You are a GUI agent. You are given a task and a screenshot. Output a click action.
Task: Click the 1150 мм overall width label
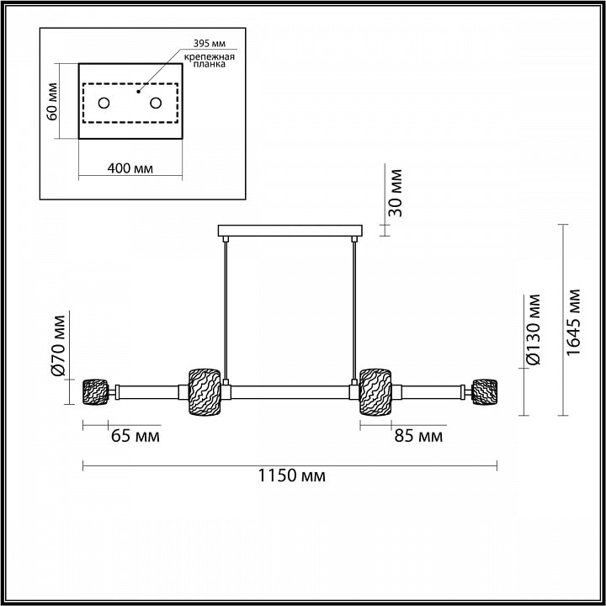coord(291,476)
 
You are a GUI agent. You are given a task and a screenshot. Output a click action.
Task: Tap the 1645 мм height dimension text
coord(572,322)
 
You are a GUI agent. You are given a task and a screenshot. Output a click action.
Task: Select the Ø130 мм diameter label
coord(534,330)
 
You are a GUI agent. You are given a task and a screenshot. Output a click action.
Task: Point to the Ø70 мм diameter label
coord(58,346)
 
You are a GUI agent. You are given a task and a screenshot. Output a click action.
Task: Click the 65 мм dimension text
coord(136,436)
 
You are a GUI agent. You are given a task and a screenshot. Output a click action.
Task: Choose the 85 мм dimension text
coord(418,436)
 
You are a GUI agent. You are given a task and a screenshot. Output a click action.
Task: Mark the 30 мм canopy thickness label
coord(395,193)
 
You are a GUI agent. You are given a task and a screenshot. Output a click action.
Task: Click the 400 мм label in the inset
coord(130,168)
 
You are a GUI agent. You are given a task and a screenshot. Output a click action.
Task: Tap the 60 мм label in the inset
coord(52,102)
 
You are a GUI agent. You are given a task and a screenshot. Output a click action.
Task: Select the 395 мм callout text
coord(209,43)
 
